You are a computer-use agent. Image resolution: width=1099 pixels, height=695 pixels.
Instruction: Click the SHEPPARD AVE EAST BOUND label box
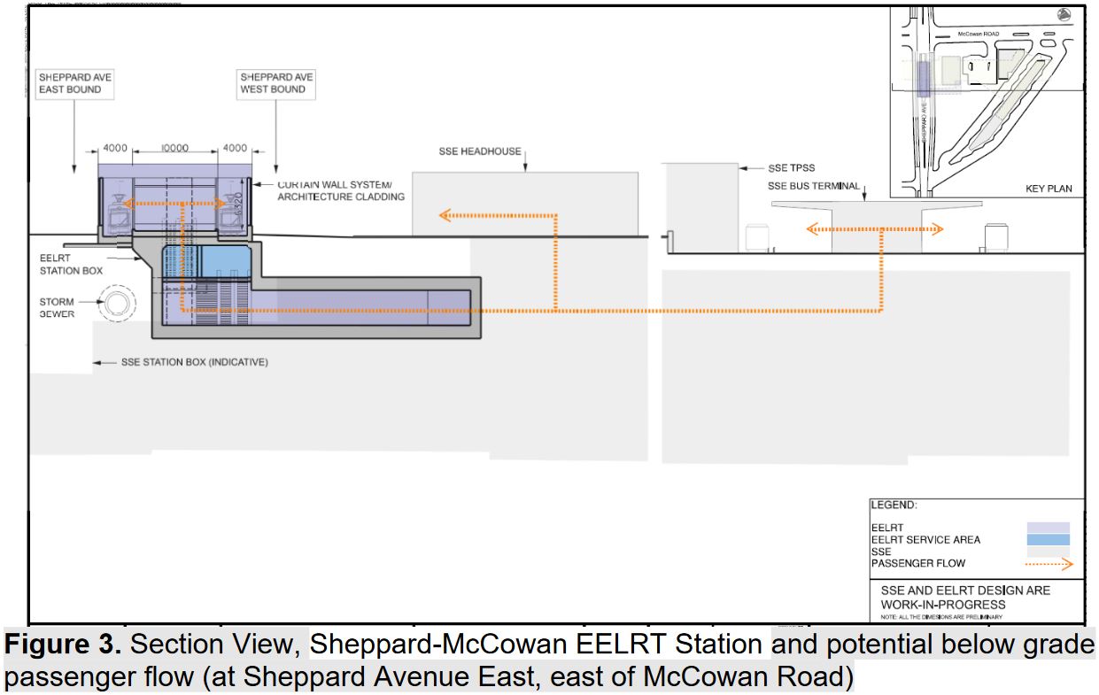75,84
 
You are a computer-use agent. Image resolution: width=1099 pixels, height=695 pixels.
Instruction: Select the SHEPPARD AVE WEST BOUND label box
276,84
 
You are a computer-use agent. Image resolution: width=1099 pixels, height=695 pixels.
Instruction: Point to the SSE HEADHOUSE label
480,151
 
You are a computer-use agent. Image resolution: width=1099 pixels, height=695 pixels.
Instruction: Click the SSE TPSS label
791,168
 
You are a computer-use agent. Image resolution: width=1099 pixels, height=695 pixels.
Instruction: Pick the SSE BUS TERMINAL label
814,186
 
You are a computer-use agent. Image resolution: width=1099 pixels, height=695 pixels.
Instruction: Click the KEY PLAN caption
1048,189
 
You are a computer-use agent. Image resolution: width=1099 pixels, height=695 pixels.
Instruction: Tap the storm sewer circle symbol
115,304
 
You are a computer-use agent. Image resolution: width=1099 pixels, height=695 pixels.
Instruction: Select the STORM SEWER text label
57,308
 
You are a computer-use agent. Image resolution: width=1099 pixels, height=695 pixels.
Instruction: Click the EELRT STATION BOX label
71,265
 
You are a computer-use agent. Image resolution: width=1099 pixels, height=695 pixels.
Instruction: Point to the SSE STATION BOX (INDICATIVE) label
194,362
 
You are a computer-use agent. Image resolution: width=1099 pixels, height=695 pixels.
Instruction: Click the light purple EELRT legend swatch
1048,528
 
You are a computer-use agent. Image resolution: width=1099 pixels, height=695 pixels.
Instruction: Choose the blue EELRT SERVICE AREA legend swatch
1048,539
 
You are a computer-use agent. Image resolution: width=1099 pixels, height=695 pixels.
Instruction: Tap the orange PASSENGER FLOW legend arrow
1048,563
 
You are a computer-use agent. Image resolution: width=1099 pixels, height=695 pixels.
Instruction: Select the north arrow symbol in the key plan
1064,14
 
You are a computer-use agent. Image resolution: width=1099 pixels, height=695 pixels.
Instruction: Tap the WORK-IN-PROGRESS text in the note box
943,604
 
